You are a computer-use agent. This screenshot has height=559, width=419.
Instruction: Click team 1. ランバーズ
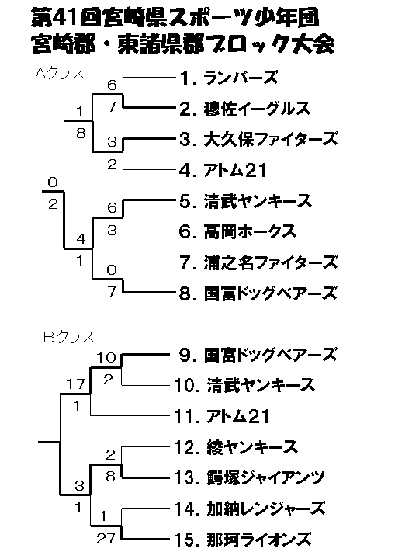[x=229, y=78]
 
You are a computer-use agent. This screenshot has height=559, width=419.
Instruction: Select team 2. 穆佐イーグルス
[x=244, y=109]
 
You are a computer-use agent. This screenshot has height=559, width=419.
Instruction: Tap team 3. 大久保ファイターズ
[x=258, y=139]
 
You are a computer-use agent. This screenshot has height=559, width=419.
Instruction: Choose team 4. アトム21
[x=223, y=170]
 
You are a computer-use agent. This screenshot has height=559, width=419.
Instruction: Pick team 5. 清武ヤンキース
[x=246, y=201]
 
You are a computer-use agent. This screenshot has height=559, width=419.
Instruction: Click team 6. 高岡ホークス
[x=238, y=231]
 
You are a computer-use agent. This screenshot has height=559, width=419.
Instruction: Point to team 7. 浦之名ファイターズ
[x=258, y=262]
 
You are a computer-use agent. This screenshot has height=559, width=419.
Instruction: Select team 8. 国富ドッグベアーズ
[x=258, y=293]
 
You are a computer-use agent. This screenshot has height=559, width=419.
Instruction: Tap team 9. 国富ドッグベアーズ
[x=258, y=355]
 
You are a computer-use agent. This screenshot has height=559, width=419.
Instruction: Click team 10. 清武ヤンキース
[x=244, y=385]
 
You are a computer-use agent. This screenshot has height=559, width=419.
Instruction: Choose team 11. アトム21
[x=223, y=416]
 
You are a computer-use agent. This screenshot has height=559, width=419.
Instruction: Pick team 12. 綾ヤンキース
[x=236, y=447]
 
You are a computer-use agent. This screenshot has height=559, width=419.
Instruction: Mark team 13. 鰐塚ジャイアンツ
[x=250, y=477]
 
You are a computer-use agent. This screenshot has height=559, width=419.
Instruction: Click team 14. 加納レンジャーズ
[x=250, y=509]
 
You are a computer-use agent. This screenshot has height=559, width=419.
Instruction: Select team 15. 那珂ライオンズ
[x=243, y=540]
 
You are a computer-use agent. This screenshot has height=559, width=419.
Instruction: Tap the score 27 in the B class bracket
[x=106, y=538]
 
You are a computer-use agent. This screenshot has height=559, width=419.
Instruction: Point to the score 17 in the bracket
[x=75, y=384]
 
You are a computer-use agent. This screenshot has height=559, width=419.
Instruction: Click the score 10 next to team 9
[x=106, y=357]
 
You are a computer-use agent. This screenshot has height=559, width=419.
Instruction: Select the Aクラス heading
[x=59, y=73]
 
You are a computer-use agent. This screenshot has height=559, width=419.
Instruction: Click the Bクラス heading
[x=69, y=336]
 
